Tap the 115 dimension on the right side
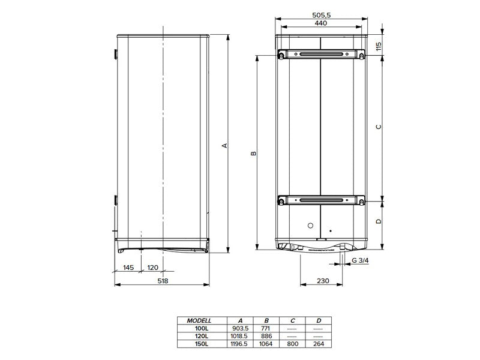[379, 47]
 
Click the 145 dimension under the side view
[127, 267]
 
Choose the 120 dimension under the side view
[152, 267]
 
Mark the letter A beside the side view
[224, 145]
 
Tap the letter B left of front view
[253, 154]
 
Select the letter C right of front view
[378, 127]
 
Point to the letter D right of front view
[378, 221]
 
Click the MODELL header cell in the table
[200, 320]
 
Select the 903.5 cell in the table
[240, 328]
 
